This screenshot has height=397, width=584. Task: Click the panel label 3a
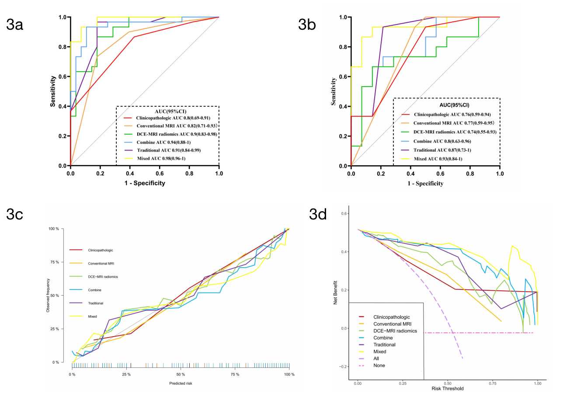pos(15,25)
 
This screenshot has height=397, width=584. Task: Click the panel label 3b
pos(307,25)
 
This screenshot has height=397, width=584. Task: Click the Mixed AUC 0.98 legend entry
pos(160,158)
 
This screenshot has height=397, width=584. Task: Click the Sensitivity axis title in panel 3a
pos(53,91)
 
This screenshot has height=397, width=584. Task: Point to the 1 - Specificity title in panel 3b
pos(425,184)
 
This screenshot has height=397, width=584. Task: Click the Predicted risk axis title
pos(181,383)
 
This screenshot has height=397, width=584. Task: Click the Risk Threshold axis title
pos(447,388)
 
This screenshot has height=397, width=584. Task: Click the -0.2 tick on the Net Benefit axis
pos(344,367)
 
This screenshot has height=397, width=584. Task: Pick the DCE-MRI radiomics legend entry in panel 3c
pos(103,277)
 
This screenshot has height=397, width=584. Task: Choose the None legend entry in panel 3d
pos(379,366)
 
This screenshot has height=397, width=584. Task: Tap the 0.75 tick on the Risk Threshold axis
pos(492,383)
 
